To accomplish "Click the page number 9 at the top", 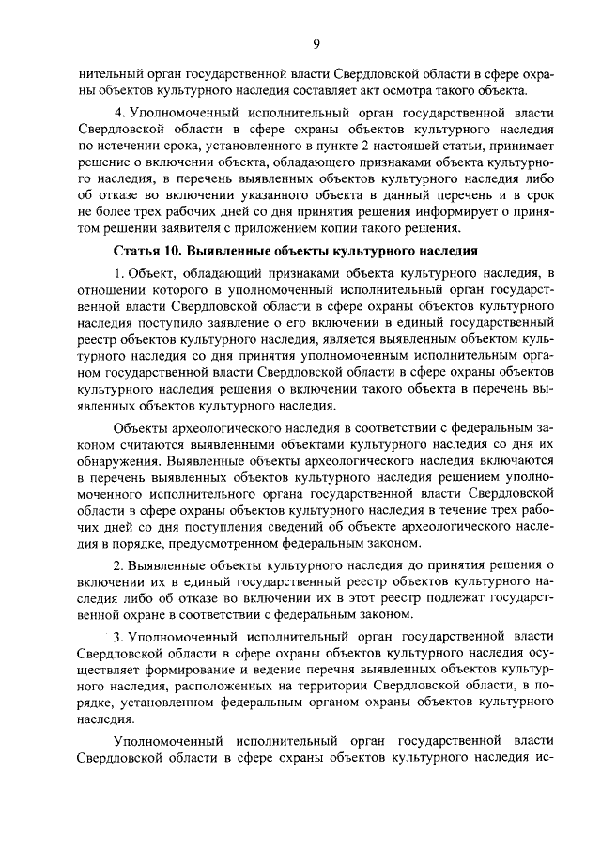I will click(316, 42).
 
